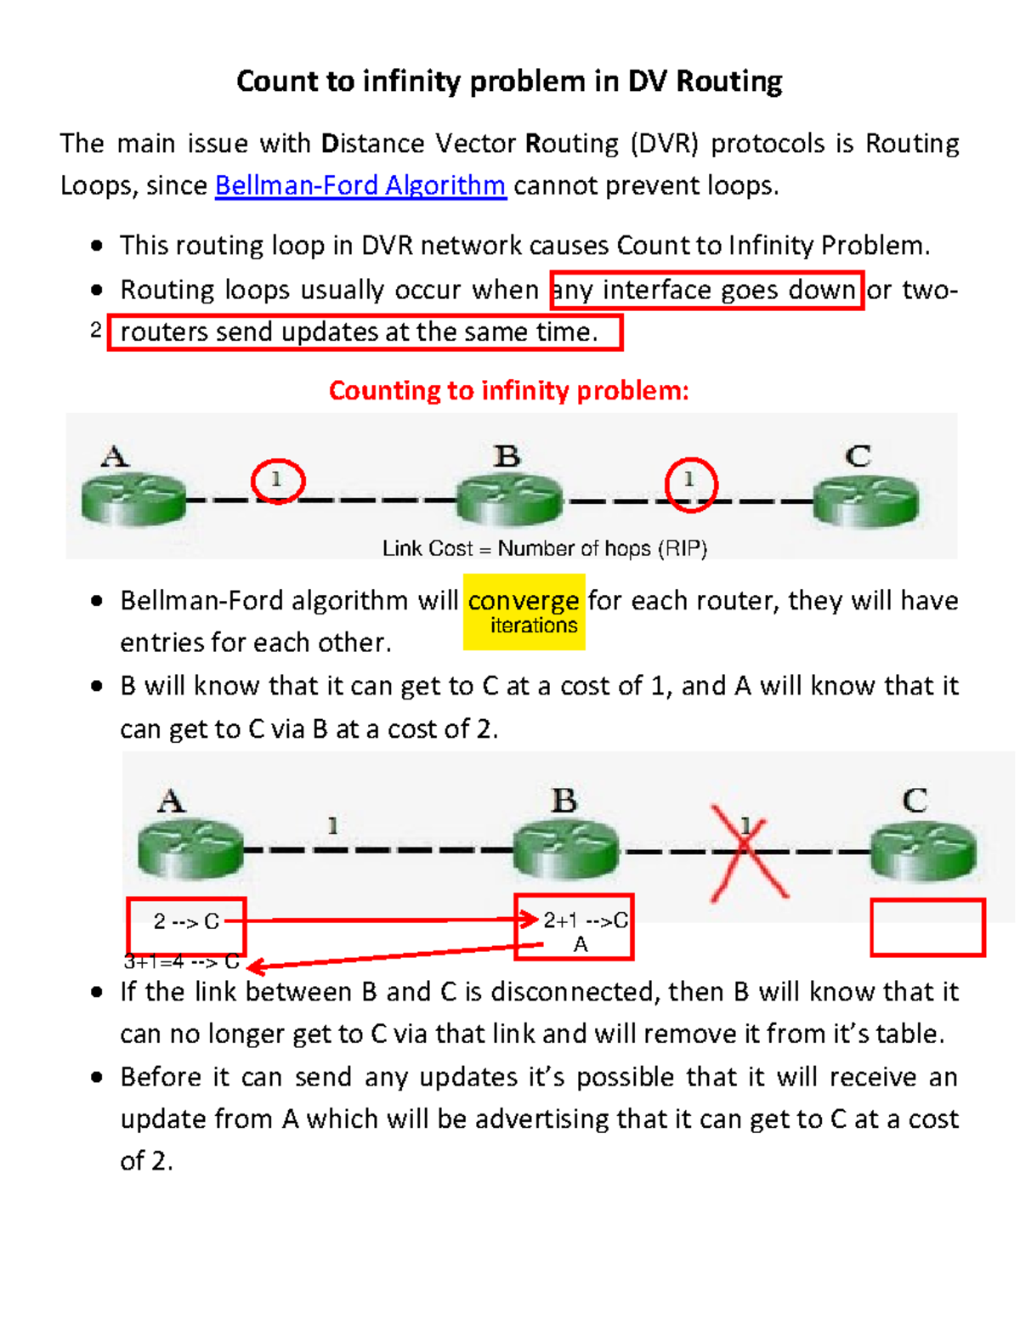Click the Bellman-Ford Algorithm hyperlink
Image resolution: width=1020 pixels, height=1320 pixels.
point(360,185)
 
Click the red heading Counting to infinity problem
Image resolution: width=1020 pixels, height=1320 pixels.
point(508,390)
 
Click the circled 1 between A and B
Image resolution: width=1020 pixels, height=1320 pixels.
point(277,481)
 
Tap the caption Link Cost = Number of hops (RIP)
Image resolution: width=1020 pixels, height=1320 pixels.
point(544,548)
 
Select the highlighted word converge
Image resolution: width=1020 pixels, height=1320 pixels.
point(523,600)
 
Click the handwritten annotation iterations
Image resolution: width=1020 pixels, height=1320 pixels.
point(534,626)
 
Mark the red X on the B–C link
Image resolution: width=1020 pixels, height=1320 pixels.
point(747,853)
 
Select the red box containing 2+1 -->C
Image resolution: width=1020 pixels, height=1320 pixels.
point(575,926)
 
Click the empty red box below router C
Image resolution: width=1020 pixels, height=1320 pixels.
point(927,927)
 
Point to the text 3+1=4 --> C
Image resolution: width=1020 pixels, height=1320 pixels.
point(181,962)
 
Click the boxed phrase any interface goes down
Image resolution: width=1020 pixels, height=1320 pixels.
point(706,290)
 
